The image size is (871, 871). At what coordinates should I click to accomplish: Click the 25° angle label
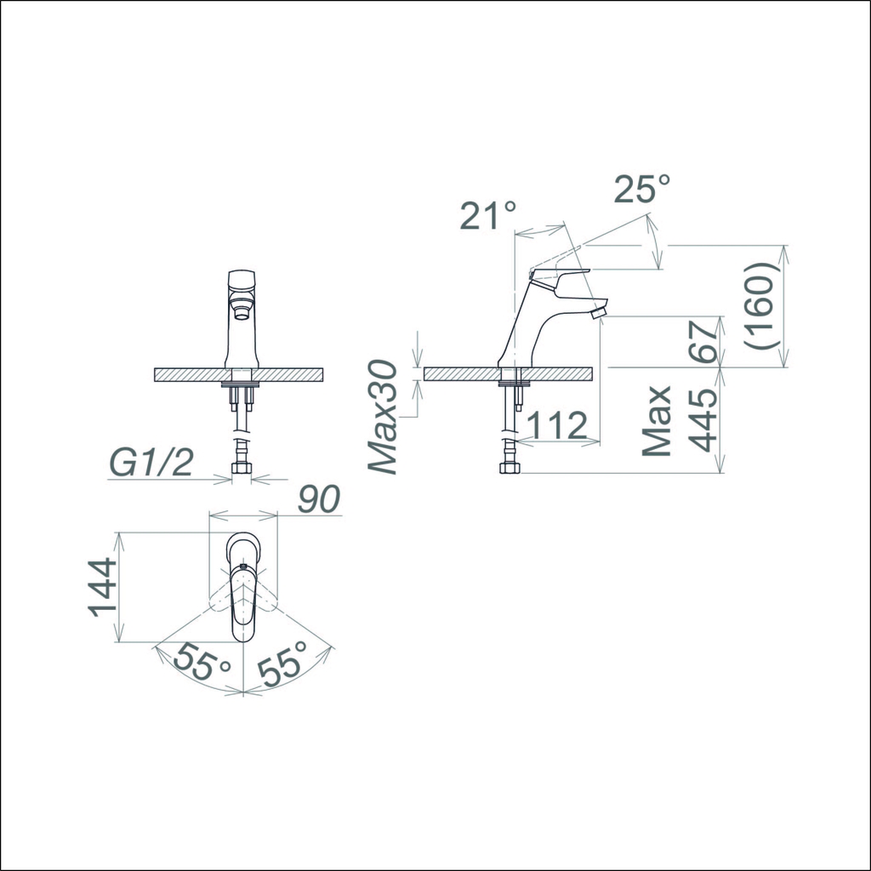[642, 190]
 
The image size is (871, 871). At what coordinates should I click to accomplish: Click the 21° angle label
[488, 215]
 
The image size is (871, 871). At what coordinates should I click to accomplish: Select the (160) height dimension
[760, 305]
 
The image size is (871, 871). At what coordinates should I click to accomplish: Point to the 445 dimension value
[703, 420]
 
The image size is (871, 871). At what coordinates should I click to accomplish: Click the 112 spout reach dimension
[556, 425]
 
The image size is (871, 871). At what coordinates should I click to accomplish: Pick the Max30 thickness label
[384, 418]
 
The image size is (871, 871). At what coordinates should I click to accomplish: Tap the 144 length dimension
[103, 588]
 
